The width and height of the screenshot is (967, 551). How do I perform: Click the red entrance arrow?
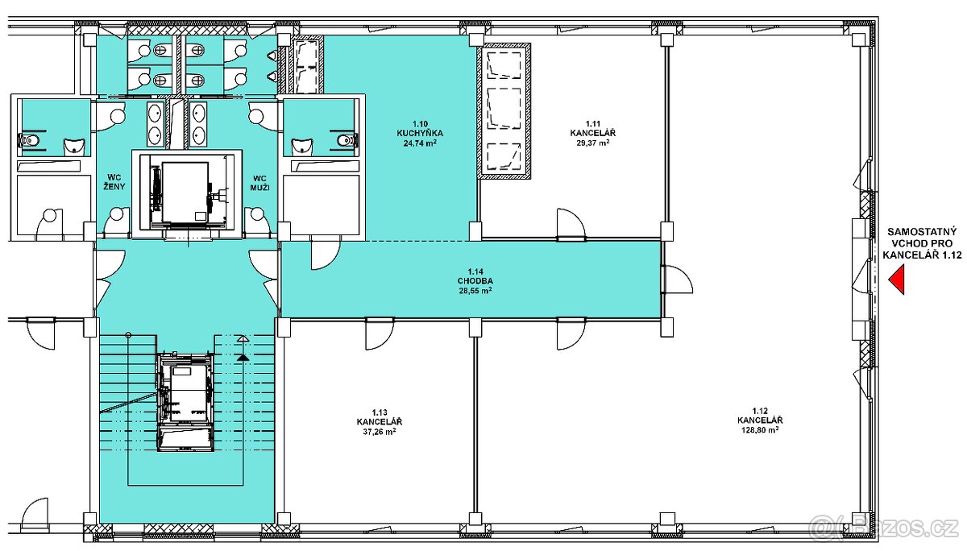(897, 280)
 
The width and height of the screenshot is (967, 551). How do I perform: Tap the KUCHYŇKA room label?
(420, 134)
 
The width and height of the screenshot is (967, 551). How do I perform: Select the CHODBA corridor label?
(475, 281)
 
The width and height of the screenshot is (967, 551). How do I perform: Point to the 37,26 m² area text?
(380, 431)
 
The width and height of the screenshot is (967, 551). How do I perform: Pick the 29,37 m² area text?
(593, 143)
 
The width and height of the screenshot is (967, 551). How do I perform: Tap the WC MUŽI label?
(259, 183)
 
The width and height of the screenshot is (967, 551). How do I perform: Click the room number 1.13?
(380, 412)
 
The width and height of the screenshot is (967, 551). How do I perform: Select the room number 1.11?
(593, 124)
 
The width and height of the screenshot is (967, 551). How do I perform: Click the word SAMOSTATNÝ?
(922, 233)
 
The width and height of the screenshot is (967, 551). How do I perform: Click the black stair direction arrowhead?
(243, 357)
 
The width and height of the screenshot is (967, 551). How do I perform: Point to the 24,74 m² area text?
(420, 143)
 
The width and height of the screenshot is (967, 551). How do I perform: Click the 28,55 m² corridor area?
(475, 290)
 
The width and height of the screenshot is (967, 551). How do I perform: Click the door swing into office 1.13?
(380, 334)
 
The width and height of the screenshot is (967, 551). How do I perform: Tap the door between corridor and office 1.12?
(677, 280)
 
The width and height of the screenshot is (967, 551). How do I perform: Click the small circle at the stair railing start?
(128, 335)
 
